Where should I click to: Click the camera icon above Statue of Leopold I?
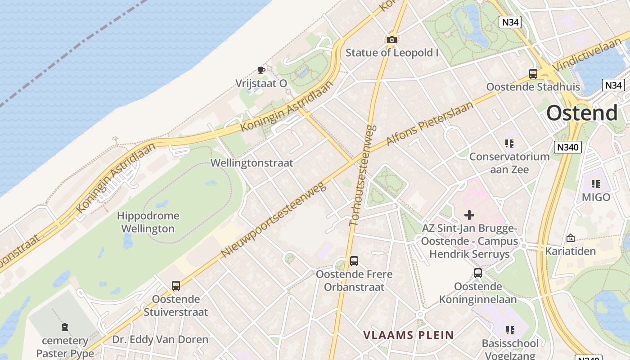[392, 40]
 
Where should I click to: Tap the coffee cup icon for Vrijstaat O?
[261, 70]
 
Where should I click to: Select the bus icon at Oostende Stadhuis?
[533, 74]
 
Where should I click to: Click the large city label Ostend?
[582, 113]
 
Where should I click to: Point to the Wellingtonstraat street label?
[252, 163]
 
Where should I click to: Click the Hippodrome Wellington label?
[148, 222]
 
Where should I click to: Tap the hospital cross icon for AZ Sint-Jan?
[469, 215]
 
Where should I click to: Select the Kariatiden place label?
[571, 251]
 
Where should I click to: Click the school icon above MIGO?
[596, 184]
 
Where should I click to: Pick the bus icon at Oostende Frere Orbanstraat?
[354, 261]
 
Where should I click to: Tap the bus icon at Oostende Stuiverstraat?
[176, 286]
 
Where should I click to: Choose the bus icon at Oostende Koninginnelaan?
[478, 273]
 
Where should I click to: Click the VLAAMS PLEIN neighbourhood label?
[408, 335]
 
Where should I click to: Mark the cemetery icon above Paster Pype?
[65, 327]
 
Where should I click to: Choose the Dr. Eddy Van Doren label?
[160, 340]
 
